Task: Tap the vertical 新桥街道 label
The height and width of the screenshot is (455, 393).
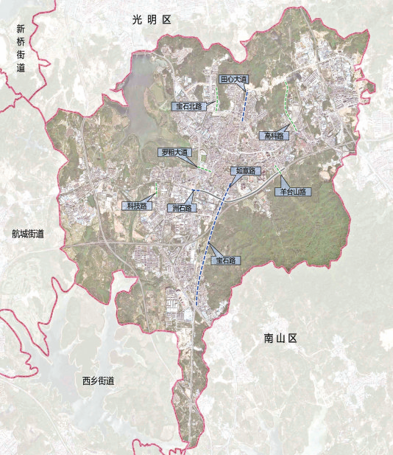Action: click(x=21, y=48)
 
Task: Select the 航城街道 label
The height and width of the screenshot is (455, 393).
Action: click(x=28, y=235)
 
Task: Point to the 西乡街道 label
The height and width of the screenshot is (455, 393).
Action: click(x=98, y=381)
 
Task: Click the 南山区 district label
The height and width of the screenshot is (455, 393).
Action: click(x=280, y=338)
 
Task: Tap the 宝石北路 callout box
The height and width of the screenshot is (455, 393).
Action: click(x=188, y=107)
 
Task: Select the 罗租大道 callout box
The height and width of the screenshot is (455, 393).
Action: click(x=176, y=153)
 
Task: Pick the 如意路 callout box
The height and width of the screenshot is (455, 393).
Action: click(x=245, y=171)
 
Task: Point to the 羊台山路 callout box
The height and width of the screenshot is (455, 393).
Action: click(x=293, y=192)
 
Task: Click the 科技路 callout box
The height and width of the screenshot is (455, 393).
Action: click(x=135, y=206)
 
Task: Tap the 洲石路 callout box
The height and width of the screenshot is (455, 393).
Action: click(x=181, y=208)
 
